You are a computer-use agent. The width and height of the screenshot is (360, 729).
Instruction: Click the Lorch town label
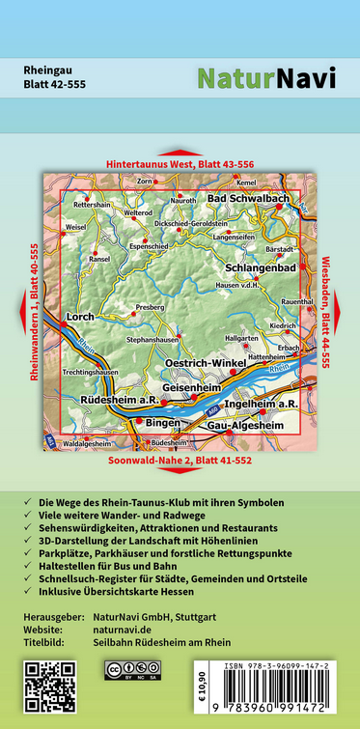[79, 317]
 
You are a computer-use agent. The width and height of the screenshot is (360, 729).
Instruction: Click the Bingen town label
[163, 423]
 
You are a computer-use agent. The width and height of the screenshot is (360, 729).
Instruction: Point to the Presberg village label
[152, 305]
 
